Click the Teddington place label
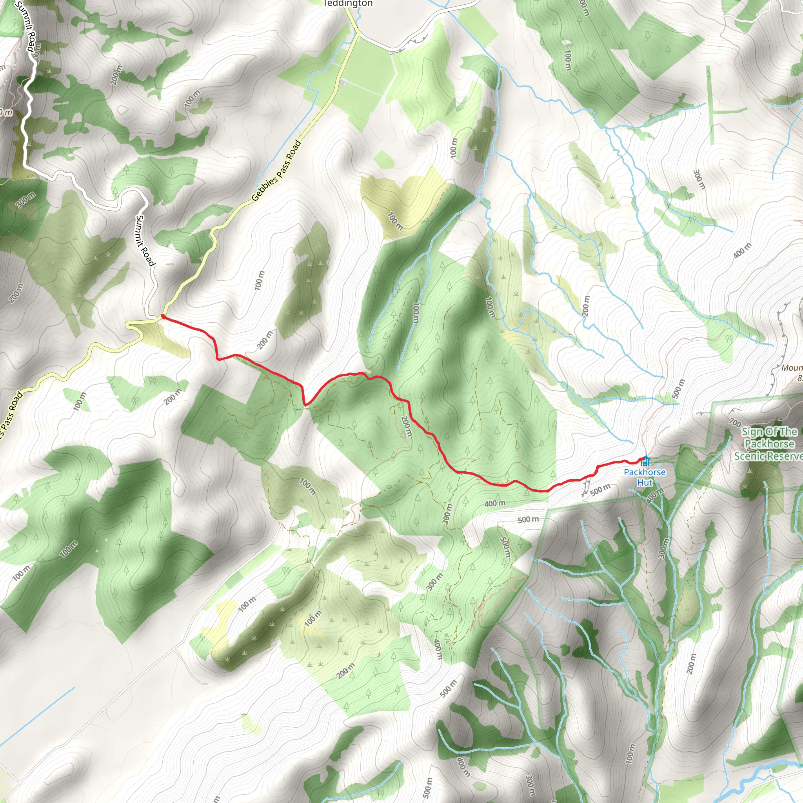(348, 3)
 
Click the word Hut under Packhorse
(645, 483)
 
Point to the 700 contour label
(735, 423)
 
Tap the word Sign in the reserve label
(752, 432)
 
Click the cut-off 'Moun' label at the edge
(791, 368)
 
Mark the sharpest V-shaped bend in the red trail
(305, 404)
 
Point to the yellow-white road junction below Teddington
(357, 33)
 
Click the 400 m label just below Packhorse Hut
(655, 496)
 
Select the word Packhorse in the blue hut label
(644, 472)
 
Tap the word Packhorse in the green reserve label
(769, 444)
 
